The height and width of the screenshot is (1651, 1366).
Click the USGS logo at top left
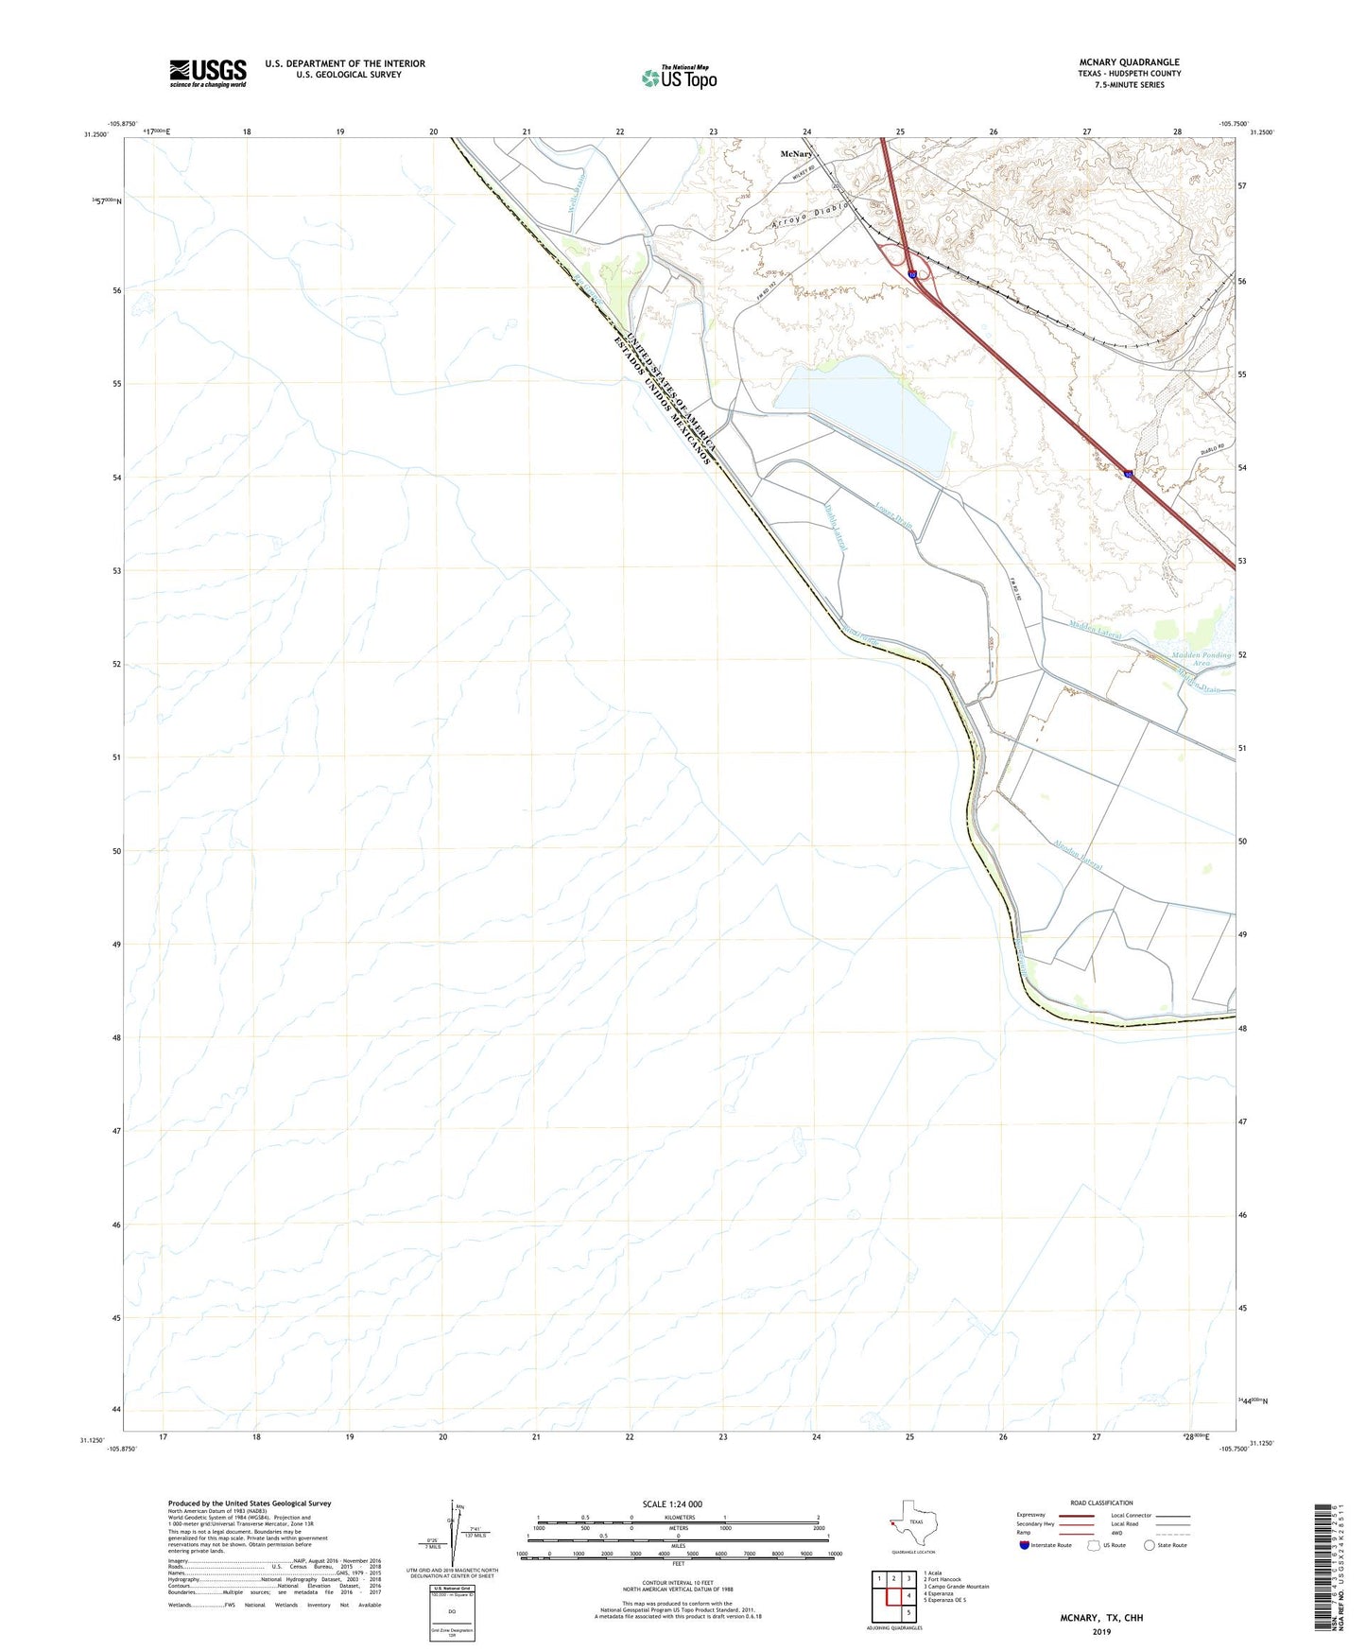coord(208,73)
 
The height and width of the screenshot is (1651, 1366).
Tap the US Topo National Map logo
coord(679,78)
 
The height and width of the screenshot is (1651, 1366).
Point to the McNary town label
coord(796,153)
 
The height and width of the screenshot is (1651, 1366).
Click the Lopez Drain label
coord(893,514)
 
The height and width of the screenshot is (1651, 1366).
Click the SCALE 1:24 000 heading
coord(671,1504)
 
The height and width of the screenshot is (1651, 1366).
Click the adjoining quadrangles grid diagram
coord(892,1596)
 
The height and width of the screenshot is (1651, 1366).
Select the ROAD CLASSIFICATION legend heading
coord(1101,1503)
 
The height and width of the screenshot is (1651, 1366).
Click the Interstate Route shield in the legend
coord(1025,1545)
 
